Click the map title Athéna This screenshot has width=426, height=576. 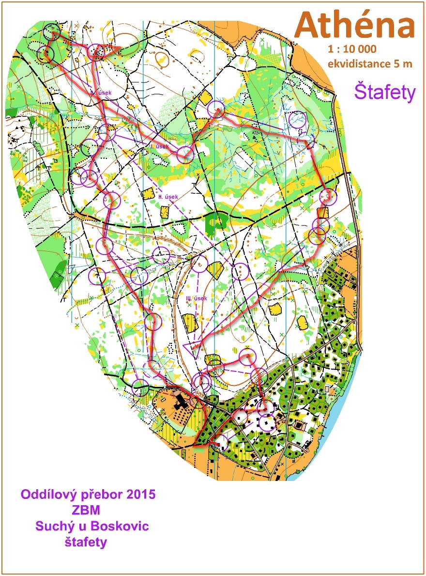click(355, 26)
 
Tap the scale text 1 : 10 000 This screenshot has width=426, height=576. click(352, 49)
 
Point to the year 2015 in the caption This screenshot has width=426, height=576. click(139, 495)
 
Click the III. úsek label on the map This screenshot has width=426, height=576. click(197, 298)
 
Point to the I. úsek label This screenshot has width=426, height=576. click(159, 146)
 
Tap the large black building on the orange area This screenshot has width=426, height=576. click(182, 400)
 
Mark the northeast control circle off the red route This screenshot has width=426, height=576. click(297, 119)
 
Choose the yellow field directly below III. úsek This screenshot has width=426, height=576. click(190, 322)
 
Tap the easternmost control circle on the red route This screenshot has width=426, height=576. click(328, 196)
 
